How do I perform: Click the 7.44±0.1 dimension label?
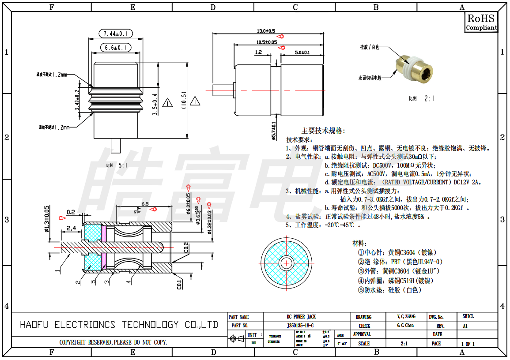116,34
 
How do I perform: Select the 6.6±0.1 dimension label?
116,47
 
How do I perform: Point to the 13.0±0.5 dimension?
266,31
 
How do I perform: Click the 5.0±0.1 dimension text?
302,52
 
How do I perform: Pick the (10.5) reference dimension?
184,102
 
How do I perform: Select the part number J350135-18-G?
300,326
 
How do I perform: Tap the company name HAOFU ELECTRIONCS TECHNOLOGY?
119,325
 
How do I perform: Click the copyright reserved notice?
113,342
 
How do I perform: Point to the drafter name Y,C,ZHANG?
406,317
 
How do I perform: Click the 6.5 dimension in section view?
145,204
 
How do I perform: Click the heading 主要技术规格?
323,131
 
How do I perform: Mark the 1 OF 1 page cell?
468,344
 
